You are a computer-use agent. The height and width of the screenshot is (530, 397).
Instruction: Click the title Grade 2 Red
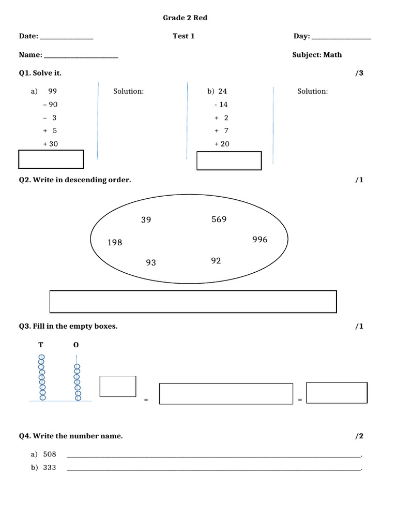tap(185, 18)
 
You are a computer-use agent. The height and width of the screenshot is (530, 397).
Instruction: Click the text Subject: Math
tap(317, 55)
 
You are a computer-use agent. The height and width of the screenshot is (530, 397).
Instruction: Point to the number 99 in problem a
tap(52, 91)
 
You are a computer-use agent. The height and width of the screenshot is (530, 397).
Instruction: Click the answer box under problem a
tap(51, 159)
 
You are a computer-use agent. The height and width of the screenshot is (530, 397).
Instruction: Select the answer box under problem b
tap(229, 160)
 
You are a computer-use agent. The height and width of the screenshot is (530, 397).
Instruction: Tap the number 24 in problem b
tap(222, 91)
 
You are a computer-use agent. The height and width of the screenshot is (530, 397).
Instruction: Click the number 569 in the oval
tap(219, 219)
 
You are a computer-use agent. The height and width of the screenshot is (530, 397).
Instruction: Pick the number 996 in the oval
tap(260, 240)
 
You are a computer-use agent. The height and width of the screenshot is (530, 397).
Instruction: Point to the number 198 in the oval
tap(115, 242)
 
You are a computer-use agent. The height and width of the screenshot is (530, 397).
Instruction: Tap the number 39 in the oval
tap(146, 220)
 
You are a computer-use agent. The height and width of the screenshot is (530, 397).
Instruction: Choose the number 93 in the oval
tap(151, 262)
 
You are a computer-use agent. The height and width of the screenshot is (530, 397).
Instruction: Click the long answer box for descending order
tap(193, 301)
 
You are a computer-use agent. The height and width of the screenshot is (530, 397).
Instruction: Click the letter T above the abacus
tap(41, 345)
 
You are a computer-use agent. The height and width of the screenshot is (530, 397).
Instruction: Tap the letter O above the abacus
tap(77, 345)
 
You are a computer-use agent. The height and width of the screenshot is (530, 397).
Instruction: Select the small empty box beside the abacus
tap(118, 386)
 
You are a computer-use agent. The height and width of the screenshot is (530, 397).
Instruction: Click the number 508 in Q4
tap(50, 454)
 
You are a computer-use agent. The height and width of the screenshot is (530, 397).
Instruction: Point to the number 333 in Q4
tap(50, 467)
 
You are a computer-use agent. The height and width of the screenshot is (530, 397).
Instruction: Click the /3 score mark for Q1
tap(359, 73)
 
